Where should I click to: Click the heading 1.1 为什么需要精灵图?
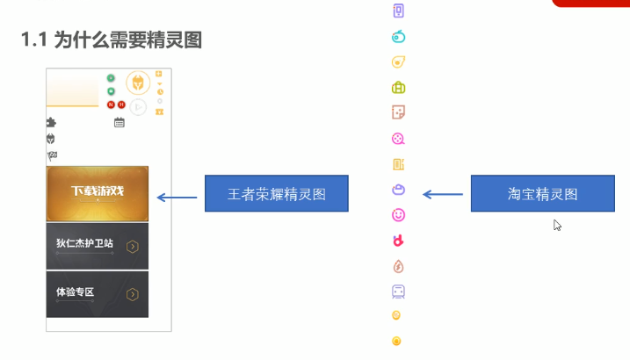pos(112,40)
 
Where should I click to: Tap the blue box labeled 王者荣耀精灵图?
pos(277,193)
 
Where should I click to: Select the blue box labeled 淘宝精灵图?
pos(543,193)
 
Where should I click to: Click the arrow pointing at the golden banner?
pos(177,197)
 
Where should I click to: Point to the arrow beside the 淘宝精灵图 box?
pos(443,194)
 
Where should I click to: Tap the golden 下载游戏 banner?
pos(98,193)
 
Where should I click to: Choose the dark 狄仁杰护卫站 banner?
pos(98,246)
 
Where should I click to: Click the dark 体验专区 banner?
pos(98,294)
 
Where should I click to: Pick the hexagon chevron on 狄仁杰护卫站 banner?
pos(133,247)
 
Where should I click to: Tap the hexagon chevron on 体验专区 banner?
pos(133,294)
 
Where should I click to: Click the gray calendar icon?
pos(119,122)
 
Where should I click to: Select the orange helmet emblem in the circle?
pos(138,83)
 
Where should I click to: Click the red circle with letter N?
pos(112,104)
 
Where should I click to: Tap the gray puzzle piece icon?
pos(51,122)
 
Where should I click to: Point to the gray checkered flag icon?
pos(52,155)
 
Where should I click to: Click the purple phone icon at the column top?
pos(398,11)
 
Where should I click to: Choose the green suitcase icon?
pos(398,88)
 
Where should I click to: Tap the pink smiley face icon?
pos(398,215)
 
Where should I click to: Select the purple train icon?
pos(398,292)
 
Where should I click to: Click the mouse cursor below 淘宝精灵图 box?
pos(556,225)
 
